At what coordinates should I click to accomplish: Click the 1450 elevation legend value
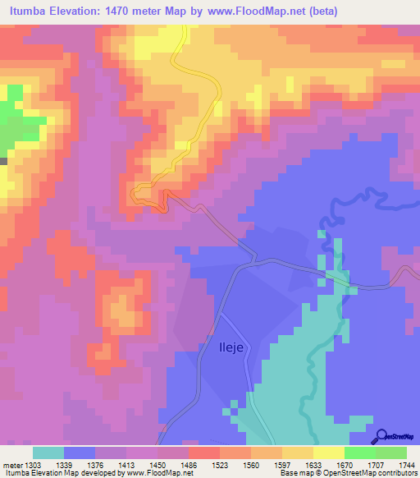pyautogui.click(x=157, y=465)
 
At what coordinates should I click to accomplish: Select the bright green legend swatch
pyautogui.click(x=359, y=453)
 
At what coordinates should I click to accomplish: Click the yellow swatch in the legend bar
pyautogui.click(x=328, y=453)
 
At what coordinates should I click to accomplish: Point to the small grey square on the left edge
pyautogui.click(x=3, y=161)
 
